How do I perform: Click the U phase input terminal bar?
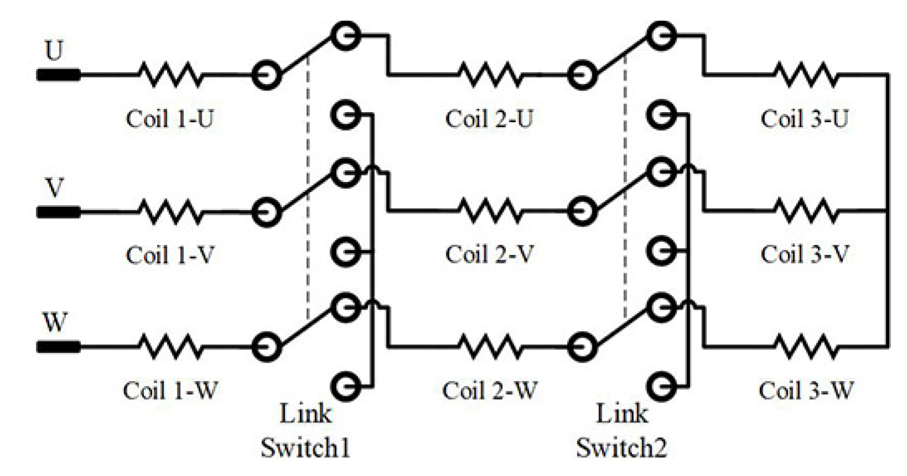[59, 75]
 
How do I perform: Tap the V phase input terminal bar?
[59, 212]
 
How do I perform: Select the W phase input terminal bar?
[59, 347]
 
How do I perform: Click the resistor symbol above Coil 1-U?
[170, 74]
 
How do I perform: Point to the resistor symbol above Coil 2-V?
[489, 211]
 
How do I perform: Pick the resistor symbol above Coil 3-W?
[806, 347]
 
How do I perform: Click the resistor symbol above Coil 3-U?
[806, 74]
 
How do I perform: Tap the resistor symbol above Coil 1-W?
[170, 347]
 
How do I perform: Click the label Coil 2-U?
[489, 118]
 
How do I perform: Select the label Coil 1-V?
[170, 255]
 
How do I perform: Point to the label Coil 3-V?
[804, 254]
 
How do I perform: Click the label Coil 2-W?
[489, 390]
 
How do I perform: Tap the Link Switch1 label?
[305, 431]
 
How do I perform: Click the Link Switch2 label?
[621, 431]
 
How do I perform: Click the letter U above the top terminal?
[54, 51]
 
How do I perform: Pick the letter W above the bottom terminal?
[55, 322]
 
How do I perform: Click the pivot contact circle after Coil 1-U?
[267, 75]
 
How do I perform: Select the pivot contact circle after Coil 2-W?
[582, 347]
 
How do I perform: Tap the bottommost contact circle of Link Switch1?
[346, 385]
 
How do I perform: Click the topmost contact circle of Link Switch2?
[661, 36]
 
